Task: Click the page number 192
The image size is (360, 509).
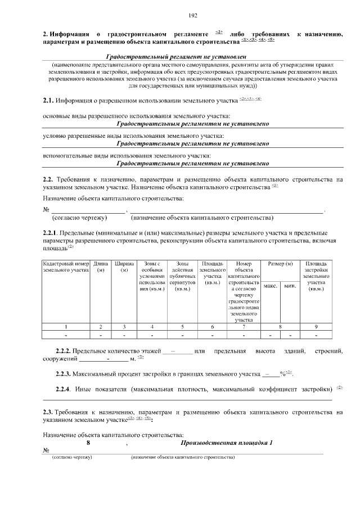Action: [192, 15]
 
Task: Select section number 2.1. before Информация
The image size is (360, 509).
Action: [48, 101]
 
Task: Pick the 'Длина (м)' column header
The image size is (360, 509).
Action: [101, 267]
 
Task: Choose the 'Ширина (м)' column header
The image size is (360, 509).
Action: [124, 267]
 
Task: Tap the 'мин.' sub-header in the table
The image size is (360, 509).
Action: [290, 286]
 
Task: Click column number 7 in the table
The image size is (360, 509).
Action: [244, 327]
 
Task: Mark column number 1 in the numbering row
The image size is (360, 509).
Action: [66, 327]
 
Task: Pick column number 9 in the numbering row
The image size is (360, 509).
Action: [316, 327]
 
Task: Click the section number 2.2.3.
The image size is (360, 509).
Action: [66, 373]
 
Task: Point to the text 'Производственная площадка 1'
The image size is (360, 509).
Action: [226, 443]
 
